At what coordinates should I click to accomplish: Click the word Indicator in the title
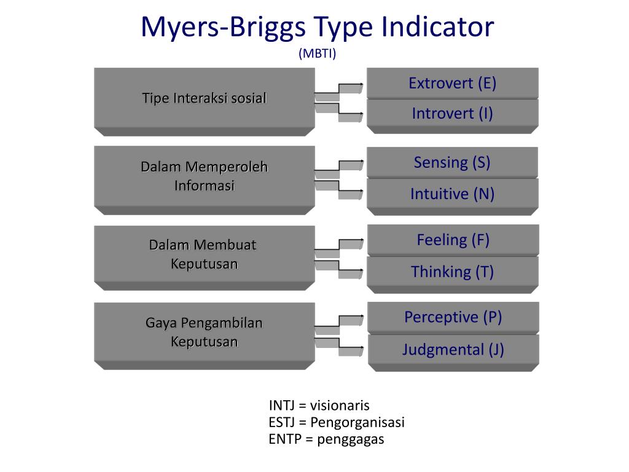[437, 26]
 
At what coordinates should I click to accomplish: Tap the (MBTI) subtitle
[318, 53]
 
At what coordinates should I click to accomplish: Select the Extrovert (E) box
[453, 83]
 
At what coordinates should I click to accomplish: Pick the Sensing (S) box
[453, 162]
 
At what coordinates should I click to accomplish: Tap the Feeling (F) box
[453, 240]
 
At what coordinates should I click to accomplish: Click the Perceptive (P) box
[453, 317]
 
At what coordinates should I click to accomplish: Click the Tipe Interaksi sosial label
[204, 98]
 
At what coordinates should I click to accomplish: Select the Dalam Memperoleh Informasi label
[204, 176]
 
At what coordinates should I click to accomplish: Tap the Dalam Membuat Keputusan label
[203, 254]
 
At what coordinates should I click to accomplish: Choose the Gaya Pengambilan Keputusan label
[204, 332]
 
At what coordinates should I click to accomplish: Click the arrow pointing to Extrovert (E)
[339, 89]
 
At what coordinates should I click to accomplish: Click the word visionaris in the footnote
[340, 406]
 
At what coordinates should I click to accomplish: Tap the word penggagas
[351, 439]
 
